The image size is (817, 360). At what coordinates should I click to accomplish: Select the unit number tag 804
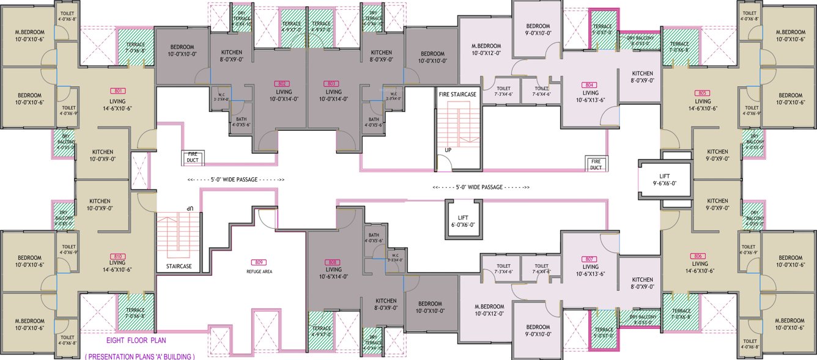(x=590, y=85)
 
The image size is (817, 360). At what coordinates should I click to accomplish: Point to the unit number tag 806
(x=700, y=255)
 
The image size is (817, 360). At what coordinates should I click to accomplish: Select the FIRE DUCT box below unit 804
(x=595, y=164)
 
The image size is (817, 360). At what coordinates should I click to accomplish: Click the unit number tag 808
(x=333, y=262)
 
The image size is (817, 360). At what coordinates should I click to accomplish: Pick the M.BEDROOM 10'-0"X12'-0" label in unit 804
(x=486, y=50)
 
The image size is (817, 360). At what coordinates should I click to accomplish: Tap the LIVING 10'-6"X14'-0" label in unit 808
(x=333, y=273)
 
